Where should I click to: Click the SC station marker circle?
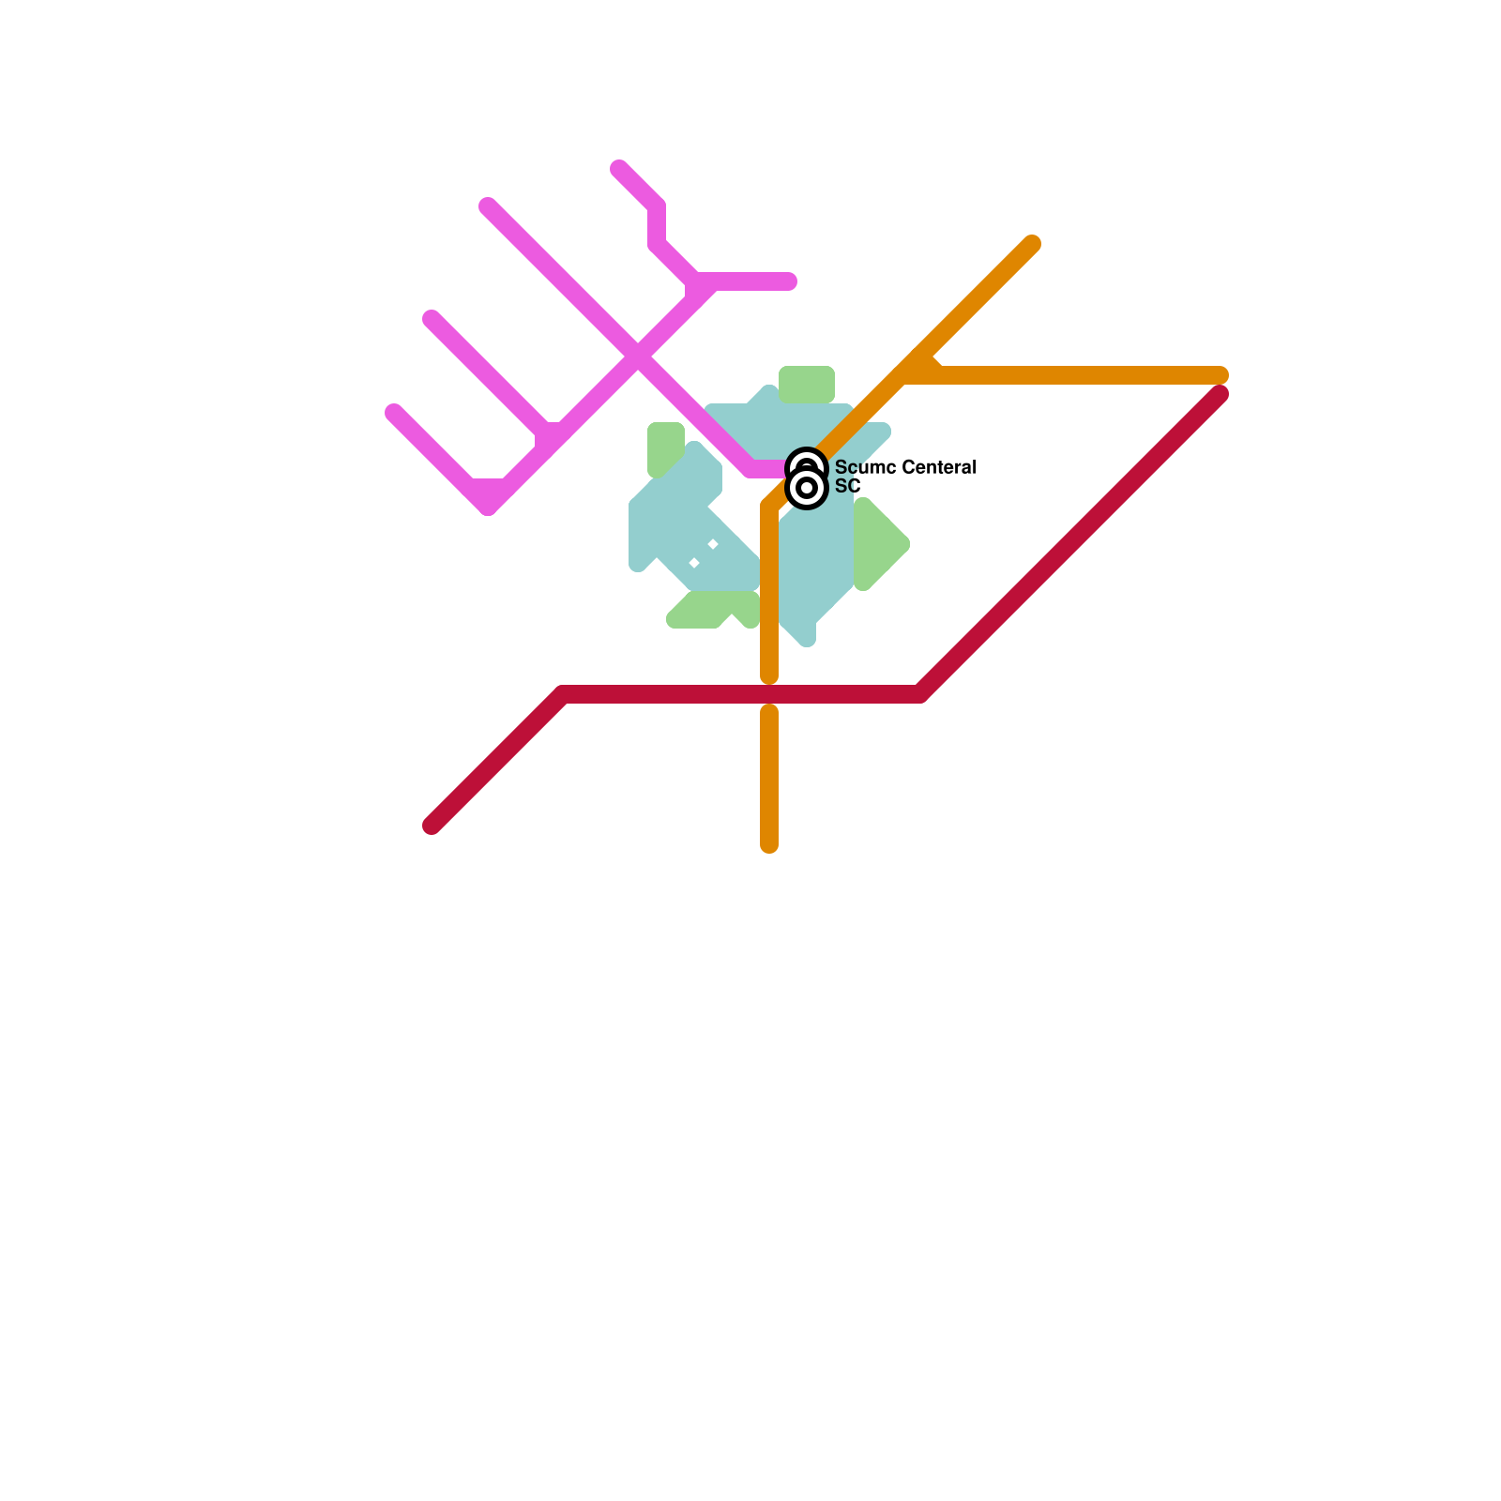(x=806, y=488)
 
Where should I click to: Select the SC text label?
(x=847, y=486)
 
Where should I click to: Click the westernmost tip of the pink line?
(x=394, y=413)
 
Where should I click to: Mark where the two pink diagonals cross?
(x=638, y=356)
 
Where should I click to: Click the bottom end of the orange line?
(x=769, y=844)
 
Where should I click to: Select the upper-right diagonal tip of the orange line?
(x=1032, y=244)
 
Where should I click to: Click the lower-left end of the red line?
(x=432, y=826)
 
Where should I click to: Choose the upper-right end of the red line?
(x=1220, y=394)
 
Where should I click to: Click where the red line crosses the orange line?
(x=769, y=694)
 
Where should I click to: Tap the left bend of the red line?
(x=563, y=694)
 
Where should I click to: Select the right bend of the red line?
(x=919, y=694)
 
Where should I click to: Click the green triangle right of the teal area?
(x=877, y=544)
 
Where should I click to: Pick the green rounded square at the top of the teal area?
(x=807, y=385)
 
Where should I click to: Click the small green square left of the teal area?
(x=664, y=447)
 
